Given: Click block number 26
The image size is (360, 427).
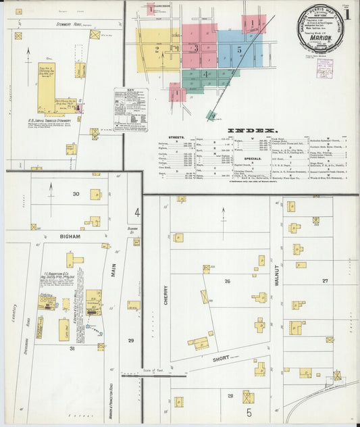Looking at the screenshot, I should tap(228, 281).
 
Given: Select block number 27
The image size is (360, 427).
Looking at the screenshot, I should tap(325, 280).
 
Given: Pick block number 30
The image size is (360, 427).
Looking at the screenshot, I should tap(76, 194).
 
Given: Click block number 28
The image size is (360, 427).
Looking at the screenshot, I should tap(230, 395).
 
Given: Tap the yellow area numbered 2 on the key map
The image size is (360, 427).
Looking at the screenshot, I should tap(157, 49).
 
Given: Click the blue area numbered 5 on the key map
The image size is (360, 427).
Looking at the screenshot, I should tap(238, 50).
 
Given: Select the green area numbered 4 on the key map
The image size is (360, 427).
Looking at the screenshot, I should tap(205, 74).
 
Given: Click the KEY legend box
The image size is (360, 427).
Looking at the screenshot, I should tap(131, 108).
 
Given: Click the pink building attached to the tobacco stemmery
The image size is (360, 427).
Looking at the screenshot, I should tap(78, 107).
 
